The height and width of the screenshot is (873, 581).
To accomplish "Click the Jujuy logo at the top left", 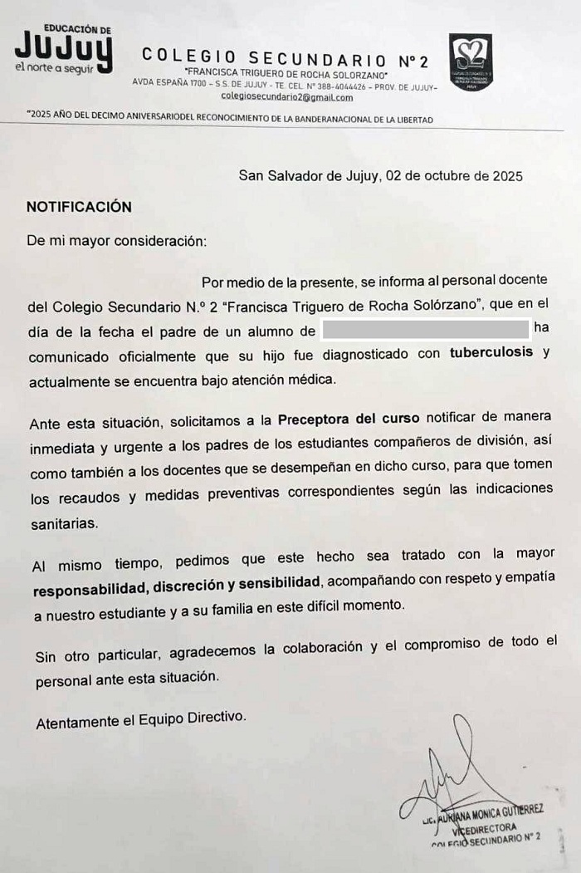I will click(x=63, y=50).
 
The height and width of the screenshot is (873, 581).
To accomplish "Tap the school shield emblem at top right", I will click(x=471, y=61).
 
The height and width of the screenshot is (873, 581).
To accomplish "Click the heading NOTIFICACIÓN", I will click(x=79, y=207).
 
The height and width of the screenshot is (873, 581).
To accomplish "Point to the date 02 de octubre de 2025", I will click(x=453, y=175).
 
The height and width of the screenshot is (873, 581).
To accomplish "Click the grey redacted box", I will click(x=425, y=331).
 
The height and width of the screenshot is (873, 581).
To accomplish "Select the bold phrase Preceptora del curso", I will click(x=349, y=417).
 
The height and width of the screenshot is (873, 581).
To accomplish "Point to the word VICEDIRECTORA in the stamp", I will click(x=485, y=828).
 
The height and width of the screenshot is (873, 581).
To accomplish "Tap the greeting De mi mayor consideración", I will click(x=115, y=242).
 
